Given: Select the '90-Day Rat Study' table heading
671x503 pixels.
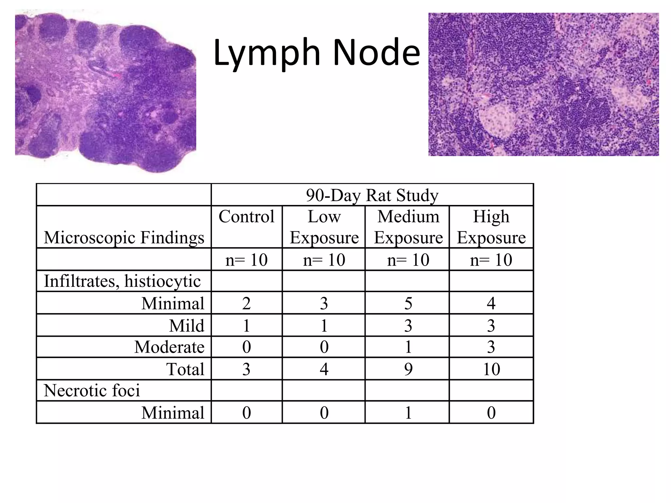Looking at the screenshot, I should (372, 195).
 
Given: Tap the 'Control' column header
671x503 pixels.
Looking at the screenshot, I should (246, 217).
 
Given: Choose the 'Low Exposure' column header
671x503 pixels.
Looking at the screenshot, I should (324, 227).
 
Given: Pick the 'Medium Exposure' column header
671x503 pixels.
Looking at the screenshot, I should (408, 227).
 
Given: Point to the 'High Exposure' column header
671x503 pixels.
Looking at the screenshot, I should (491, 227).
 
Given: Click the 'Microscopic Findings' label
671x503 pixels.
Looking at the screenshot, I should (124, 237).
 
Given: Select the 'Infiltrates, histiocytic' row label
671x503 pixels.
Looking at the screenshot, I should (122, 281).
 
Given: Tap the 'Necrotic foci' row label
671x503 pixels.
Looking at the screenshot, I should (92, 390).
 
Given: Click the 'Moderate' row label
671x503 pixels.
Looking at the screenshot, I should (169, 347).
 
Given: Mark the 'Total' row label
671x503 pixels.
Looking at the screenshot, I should (185, 369).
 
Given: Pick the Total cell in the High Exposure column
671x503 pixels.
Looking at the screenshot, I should (491, 369).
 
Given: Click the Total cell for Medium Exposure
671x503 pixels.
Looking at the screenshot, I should (408, 369).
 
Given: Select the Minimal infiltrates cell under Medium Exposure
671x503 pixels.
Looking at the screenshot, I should (408, 303).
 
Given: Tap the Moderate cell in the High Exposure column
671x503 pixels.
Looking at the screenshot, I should (491, 347).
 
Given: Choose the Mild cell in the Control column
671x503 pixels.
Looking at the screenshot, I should (246, 326).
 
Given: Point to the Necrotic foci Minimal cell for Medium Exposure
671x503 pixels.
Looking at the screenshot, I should (408, 413).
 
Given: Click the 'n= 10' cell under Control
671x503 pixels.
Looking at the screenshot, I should (246, 260).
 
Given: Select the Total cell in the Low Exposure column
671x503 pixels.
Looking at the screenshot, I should (324, 369).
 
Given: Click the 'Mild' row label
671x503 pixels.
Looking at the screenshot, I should (186, 326).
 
